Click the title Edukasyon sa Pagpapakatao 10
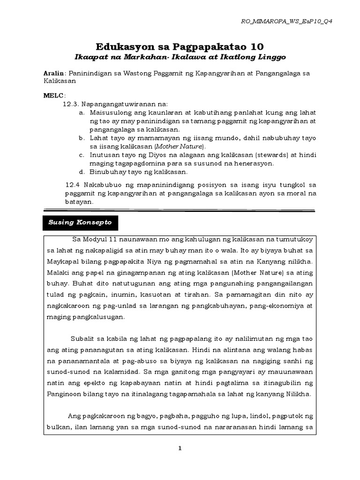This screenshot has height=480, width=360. pos(180,46)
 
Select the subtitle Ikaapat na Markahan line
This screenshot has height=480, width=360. pos(180,57)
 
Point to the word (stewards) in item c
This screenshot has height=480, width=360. pos(262,155)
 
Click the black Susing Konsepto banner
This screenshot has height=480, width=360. pos(81,222)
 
